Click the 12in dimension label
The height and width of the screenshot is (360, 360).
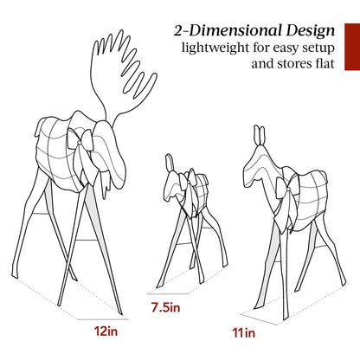click(106, 331)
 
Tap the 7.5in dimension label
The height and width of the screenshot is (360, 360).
click(165, 307)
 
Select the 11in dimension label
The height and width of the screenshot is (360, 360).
click(244, 333)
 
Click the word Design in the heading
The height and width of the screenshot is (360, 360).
click(311, 31)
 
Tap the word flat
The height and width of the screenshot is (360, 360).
click(323, 63)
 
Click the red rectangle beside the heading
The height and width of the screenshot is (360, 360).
click(352, 47)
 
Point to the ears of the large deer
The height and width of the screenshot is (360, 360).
click(260, 135)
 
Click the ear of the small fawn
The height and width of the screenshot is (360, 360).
click(169, 162)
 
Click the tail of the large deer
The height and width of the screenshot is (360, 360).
click(324, 177)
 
